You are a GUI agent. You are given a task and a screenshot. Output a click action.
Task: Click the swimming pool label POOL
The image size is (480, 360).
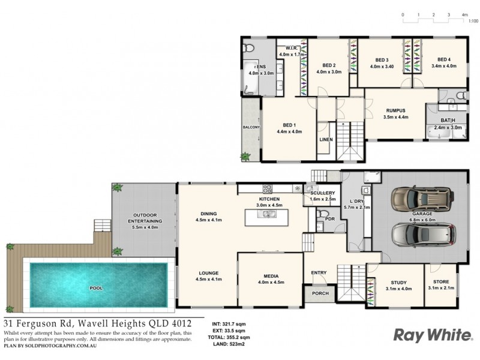(x=95, y=288)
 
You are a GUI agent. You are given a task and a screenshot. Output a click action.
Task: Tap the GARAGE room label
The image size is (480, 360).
(x=424, y=214)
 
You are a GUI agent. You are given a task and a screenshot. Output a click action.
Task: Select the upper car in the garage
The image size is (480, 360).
(x=423, y=198)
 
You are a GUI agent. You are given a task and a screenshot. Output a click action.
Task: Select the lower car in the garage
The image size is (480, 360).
(x=423, y=235)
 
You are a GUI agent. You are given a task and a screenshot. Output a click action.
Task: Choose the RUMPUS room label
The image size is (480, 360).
(x=395, y=110)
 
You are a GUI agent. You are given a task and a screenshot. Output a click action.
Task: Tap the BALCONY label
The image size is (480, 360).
(x=250, y=128)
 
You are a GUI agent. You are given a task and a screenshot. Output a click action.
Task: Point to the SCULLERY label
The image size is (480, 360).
(x=322, y=193)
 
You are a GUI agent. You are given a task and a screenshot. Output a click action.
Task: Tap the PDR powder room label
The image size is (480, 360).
(x=329, y=219)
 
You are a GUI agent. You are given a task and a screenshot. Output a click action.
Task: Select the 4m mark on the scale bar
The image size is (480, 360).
(x=464, y=14)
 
